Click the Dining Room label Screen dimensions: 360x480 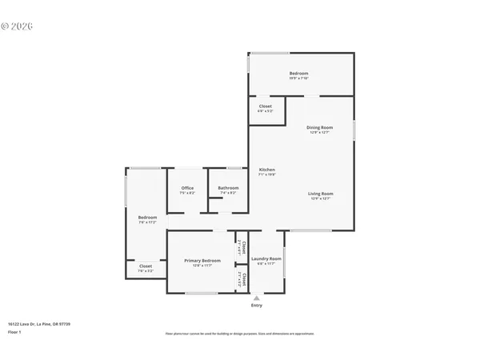320,127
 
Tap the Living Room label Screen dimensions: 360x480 321,194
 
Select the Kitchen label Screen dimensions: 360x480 267,170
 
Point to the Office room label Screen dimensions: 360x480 187,188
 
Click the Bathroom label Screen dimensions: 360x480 228,188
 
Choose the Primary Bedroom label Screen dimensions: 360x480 202,261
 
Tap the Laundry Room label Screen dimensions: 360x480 266,258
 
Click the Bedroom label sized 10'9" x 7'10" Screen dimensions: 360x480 298,74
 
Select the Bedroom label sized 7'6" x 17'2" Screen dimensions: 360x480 147,217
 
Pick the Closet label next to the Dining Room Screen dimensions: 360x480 265,106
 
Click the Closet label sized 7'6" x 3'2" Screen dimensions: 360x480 146,266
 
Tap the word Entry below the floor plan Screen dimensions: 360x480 257,305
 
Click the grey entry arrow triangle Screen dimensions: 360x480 257,298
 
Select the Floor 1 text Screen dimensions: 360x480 14,331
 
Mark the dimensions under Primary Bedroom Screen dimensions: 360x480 202,266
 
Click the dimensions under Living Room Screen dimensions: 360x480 321,198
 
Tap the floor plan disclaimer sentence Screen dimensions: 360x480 239,333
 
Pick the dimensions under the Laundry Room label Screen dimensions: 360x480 266,264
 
